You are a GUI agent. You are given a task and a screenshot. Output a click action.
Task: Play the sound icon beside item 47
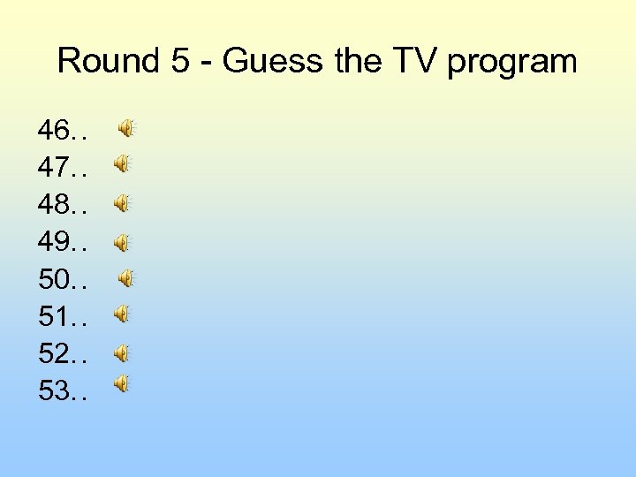tap(121, 164)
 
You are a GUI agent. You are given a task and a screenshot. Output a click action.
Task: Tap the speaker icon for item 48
tap(121, 204)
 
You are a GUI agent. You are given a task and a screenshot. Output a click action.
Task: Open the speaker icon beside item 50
tap(126, 279)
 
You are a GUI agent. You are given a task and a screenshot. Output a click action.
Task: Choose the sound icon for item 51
tap(121, 314)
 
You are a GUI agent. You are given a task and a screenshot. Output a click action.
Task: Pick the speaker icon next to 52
tap(121, 353)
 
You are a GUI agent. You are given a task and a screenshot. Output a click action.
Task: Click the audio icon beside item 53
tap(121, 383)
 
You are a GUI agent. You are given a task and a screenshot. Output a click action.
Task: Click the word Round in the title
tap(98, 62)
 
